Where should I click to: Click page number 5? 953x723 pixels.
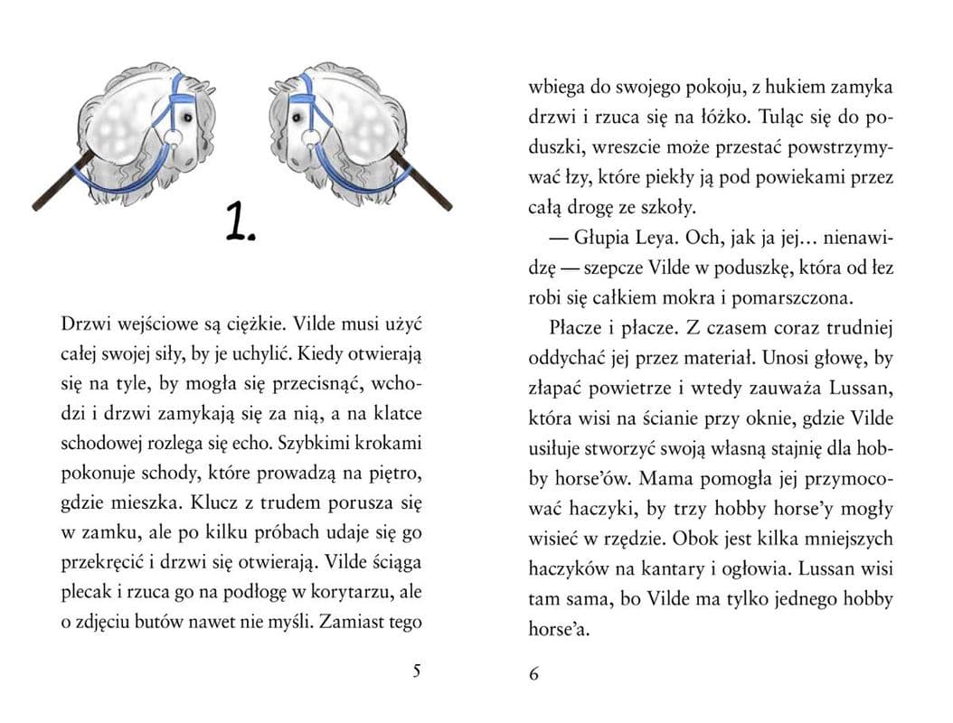416,671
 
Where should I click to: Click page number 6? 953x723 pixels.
533,674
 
